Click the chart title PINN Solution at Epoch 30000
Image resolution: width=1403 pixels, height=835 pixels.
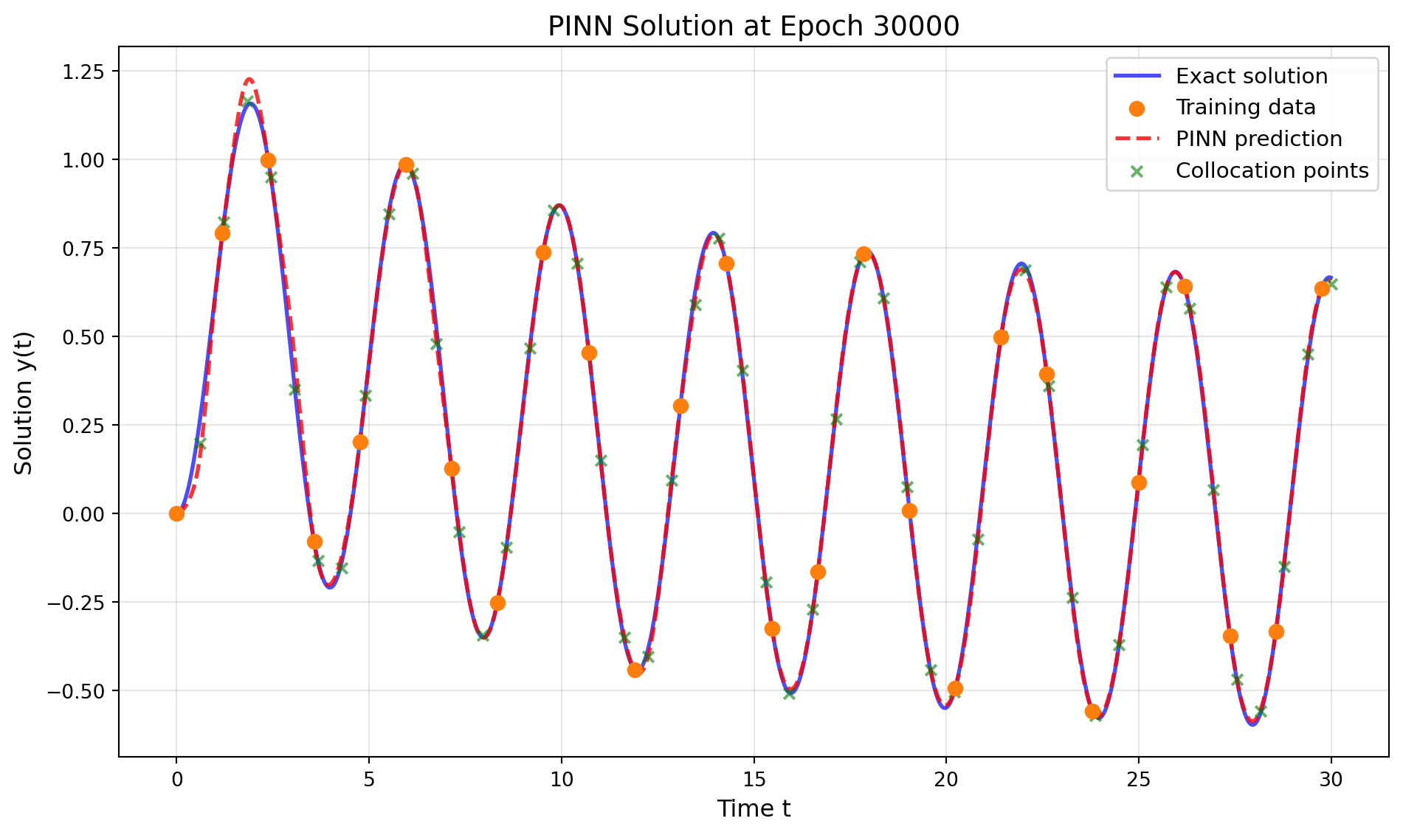753,27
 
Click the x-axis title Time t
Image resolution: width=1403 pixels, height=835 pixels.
753,808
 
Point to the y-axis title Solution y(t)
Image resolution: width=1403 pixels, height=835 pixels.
24,402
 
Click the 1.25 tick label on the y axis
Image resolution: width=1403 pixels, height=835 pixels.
84,72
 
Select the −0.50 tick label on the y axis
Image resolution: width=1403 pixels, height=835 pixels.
77,691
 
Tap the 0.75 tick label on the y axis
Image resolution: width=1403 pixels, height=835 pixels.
84,249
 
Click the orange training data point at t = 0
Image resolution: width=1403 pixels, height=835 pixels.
176,513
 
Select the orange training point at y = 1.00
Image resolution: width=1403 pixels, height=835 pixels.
268,160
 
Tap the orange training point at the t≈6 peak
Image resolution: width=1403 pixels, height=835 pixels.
406,164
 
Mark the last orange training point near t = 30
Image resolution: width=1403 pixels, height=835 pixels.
1321,288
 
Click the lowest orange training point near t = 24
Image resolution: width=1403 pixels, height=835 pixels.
1092,711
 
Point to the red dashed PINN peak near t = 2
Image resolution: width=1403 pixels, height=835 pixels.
249,79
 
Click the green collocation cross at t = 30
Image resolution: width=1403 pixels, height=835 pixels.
1331,284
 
